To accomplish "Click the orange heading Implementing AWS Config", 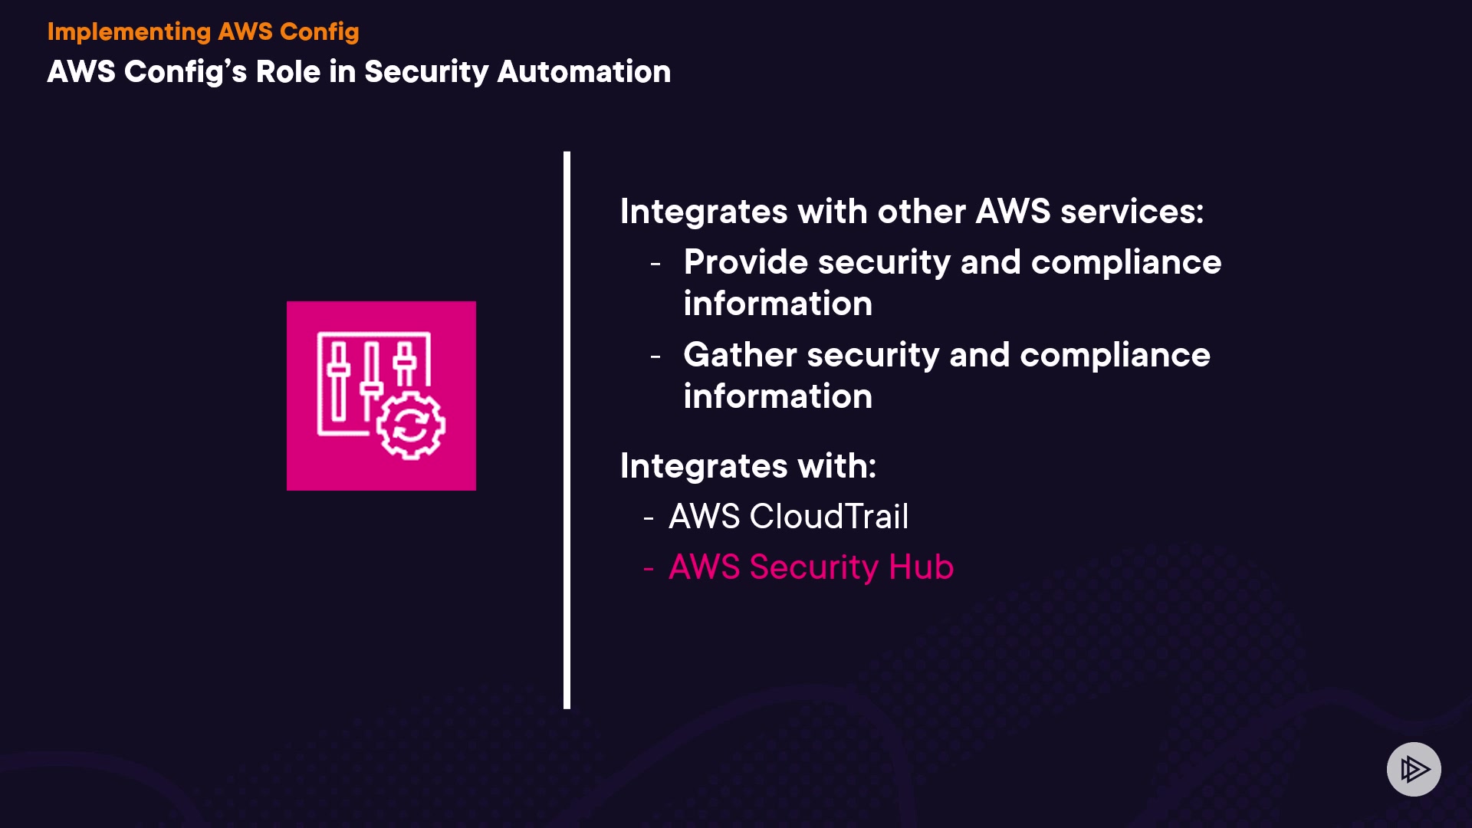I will pos(203,31).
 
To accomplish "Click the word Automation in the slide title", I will pos(583,71).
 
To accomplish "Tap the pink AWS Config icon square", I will pos(381,396).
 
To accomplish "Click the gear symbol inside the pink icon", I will pos(411,426).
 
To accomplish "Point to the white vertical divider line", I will pos(567,429).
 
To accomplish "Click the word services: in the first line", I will pos(1132,212).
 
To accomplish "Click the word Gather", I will pos(740,355).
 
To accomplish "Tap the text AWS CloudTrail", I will pos(788,517).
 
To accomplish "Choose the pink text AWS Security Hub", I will pos(810,567).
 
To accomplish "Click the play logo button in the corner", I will pos(1414,769).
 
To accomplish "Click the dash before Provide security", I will pos(655,264).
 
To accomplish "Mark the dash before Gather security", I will pos(655,356).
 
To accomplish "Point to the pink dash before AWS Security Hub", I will pos(649,569).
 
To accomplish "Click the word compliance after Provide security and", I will pos(1125,262).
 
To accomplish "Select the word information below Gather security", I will pos(777,396).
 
